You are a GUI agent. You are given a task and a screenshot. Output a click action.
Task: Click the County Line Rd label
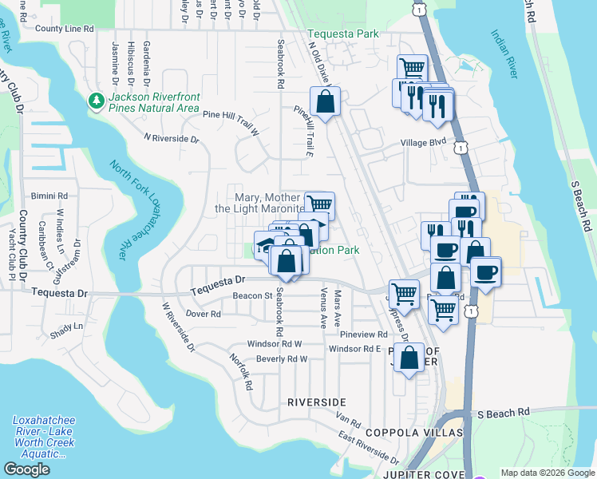coord(65,28)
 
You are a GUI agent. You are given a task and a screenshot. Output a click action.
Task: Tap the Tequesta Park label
coord(344,35)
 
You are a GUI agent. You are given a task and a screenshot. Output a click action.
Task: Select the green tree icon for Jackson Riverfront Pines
coord(96,101)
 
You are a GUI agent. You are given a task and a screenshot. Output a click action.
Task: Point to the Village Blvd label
coord(423,143)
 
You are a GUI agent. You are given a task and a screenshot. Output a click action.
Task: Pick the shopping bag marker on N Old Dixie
coord(325,102)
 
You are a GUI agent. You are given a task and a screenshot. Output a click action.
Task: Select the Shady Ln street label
coord(66,327)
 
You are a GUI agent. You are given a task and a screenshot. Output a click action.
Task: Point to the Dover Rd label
coord(203,314)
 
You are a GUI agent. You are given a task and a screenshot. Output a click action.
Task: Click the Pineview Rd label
coord(363,334)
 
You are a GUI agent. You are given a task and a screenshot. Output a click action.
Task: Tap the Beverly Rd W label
coord(281,359)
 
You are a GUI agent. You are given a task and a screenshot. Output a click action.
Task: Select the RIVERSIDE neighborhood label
coord(317,402)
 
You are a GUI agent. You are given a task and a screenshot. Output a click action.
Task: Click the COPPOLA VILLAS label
coord(413,433)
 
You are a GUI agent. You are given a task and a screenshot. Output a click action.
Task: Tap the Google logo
coord(27,469)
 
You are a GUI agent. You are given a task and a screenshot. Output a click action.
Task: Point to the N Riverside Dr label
coord(171,138)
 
